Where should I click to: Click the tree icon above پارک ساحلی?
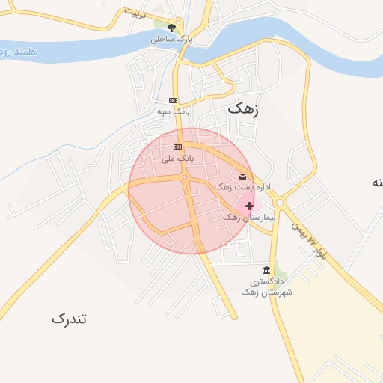coord(171,28)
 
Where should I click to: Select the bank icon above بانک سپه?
coord(173,100)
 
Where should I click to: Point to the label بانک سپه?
coord(173,111)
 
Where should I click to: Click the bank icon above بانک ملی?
coord(177,147)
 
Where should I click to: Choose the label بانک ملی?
coord(178,159)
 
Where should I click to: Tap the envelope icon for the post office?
coord(242,176)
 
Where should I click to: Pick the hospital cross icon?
coord(249,206)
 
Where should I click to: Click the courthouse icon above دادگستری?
coord(266,270)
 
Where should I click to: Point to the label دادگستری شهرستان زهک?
coord(266,287)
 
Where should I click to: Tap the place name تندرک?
coord(70,319)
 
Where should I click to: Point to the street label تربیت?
coord(137,15)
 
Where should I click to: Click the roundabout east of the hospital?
coord(280,202)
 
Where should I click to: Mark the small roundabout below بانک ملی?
coord(185,177)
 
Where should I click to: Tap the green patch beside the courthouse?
coord(280,267)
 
